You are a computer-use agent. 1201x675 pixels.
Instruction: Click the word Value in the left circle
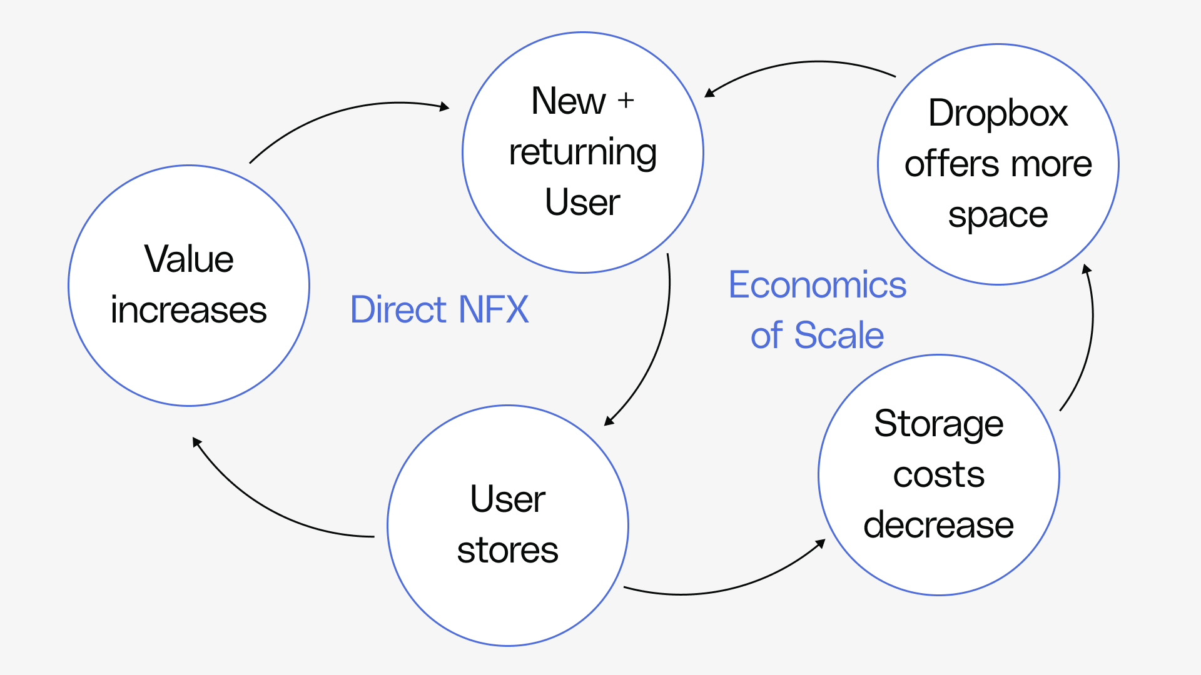189,259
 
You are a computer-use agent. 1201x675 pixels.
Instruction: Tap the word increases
189,310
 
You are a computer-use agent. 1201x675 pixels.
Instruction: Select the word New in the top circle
569,101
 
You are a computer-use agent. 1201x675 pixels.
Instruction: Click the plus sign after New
626,100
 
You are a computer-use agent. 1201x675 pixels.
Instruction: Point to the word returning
583,152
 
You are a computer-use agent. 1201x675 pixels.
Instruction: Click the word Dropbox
998,113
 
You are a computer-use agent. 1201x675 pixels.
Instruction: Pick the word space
998,216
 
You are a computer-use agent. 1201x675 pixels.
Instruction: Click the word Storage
938,424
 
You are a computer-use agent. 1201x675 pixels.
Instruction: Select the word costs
938,475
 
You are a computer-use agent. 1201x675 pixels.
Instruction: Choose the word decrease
938,525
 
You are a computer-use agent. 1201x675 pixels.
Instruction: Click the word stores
507,551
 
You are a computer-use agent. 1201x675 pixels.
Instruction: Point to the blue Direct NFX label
439,309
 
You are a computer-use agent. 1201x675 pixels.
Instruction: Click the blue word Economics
817,285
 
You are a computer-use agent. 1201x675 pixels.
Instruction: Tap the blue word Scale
839,336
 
